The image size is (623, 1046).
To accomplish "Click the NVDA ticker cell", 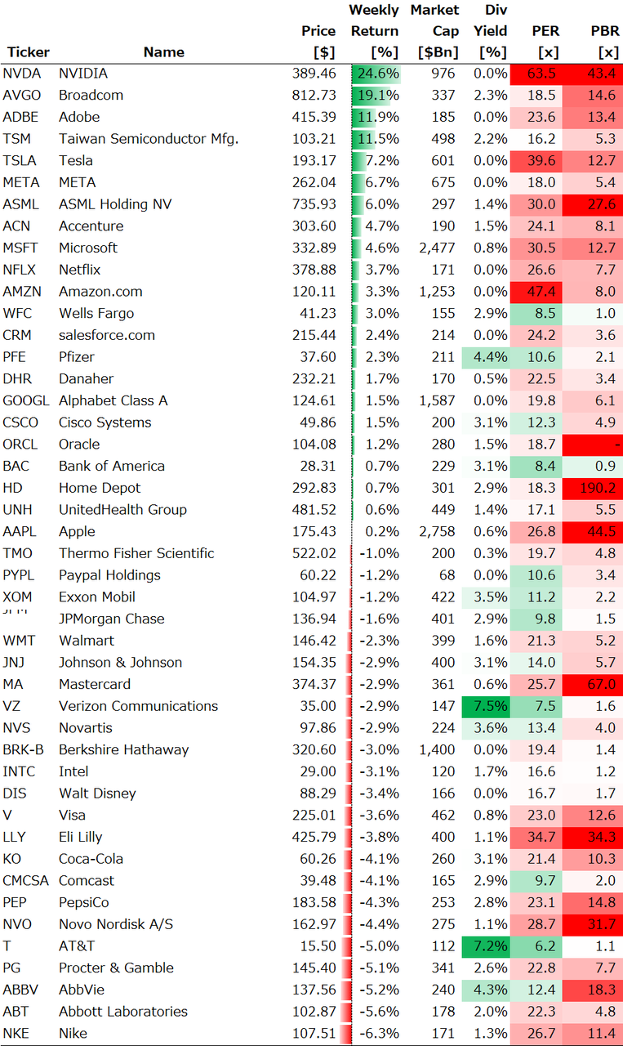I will (x=22, y=74).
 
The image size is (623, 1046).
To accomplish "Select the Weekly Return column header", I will (x=375, y=31).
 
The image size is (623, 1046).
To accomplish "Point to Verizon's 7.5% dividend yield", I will (x=488, y=706).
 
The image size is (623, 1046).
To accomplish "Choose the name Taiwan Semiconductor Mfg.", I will (x=149, y=139).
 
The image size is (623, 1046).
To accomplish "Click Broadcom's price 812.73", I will (x=314, y=95).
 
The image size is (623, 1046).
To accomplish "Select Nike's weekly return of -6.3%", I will (x=380, y=1033).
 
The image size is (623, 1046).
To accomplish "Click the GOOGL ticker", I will (x=26, y=400).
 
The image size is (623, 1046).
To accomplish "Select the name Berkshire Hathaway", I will (x=123, y=749).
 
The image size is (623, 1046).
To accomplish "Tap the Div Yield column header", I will (x=491, y=31).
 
